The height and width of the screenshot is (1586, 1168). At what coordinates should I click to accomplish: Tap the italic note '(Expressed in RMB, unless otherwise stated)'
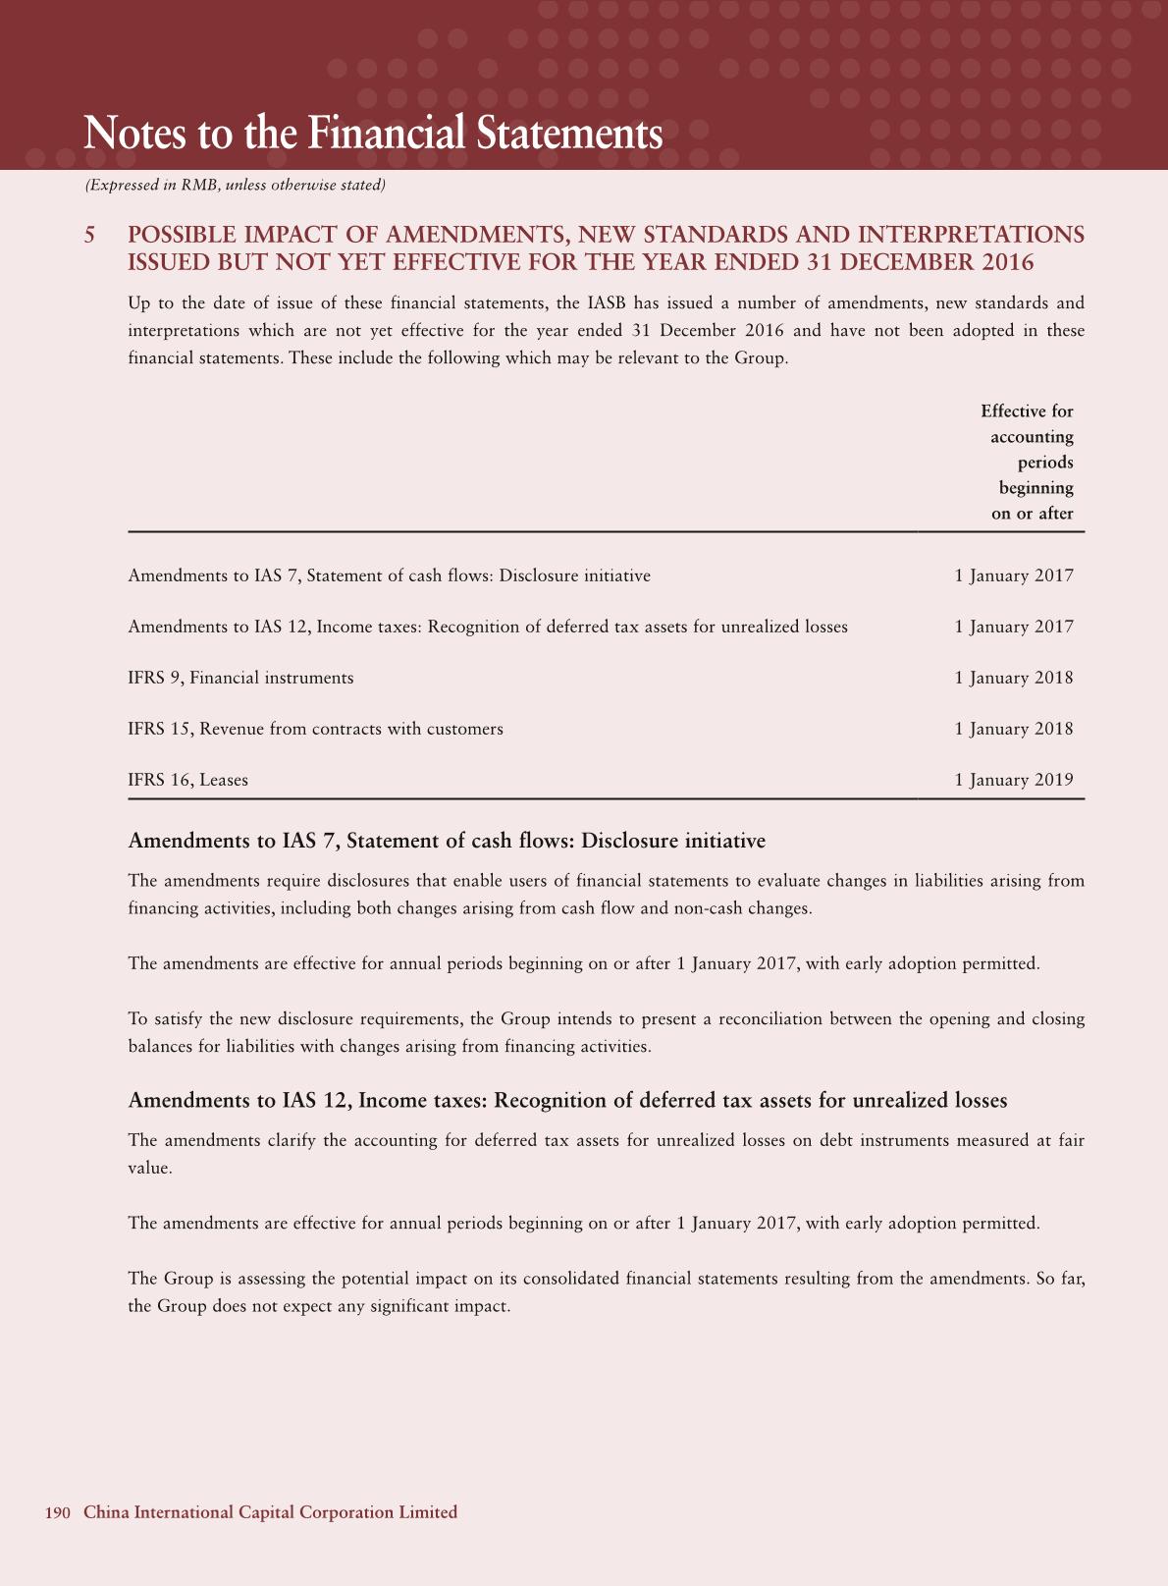(235, 186)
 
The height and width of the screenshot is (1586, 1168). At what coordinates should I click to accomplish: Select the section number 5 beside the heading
(90, 236)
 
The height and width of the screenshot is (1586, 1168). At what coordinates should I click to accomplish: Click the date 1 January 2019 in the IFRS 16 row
(1014, 780)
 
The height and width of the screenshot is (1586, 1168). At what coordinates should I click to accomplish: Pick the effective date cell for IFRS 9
(1014, 678)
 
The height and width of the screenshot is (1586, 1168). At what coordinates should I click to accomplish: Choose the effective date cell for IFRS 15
(1014, 729)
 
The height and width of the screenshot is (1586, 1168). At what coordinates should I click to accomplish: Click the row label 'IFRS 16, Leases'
(187, 780)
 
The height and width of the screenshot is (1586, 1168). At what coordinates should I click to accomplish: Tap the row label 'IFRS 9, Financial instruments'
(240, 678)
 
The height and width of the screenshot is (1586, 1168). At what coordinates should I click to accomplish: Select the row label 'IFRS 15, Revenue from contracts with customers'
(315, 729)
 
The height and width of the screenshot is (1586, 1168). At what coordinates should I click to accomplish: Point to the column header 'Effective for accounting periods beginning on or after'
(1027, 462)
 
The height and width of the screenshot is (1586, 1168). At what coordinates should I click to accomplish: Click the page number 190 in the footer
(58, 1512)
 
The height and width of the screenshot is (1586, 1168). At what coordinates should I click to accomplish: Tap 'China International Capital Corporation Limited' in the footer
(270, 1512)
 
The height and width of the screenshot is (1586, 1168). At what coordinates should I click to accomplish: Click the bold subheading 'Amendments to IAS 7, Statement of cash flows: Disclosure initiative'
(447, 841)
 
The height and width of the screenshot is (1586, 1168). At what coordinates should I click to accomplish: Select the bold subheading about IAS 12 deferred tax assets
(567, 1100)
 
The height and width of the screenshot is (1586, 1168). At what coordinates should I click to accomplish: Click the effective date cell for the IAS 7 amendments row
(1014, 575)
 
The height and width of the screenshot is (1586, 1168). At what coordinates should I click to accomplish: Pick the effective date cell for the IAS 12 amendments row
(1014, 627)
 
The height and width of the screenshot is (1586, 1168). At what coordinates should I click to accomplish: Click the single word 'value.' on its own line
(150, 1169)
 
